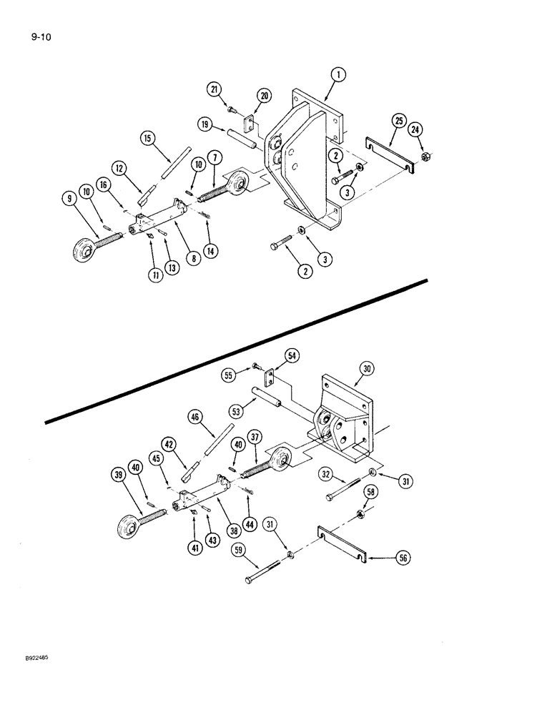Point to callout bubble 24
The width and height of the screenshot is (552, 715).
tap(415, 129)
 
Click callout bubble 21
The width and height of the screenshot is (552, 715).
tap(214, 89)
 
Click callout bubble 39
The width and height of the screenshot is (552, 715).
tap(118, 477)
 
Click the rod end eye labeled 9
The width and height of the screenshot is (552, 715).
tap(85, 252)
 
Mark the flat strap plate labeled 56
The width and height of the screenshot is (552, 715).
tap(342, 546)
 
